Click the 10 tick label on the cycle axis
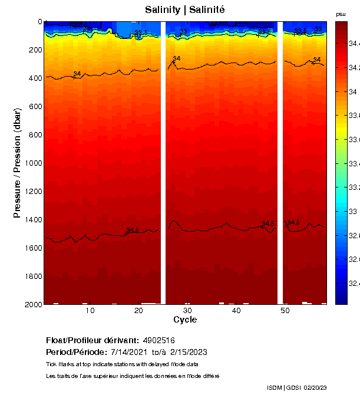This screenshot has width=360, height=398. [x=90, y=311]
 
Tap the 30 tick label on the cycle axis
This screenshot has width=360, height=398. [x=187, y=311]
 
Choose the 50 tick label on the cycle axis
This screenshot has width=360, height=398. [x=285, y=311]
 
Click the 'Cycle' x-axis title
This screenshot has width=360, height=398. [x=185, y=320]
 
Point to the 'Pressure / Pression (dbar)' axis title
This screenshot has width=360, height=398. [x=17, y=163]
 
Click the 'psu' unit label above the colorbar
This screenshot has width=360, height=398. [x=341, y=14]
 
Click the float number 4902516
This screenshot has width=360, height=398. [x=158, y=340]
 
